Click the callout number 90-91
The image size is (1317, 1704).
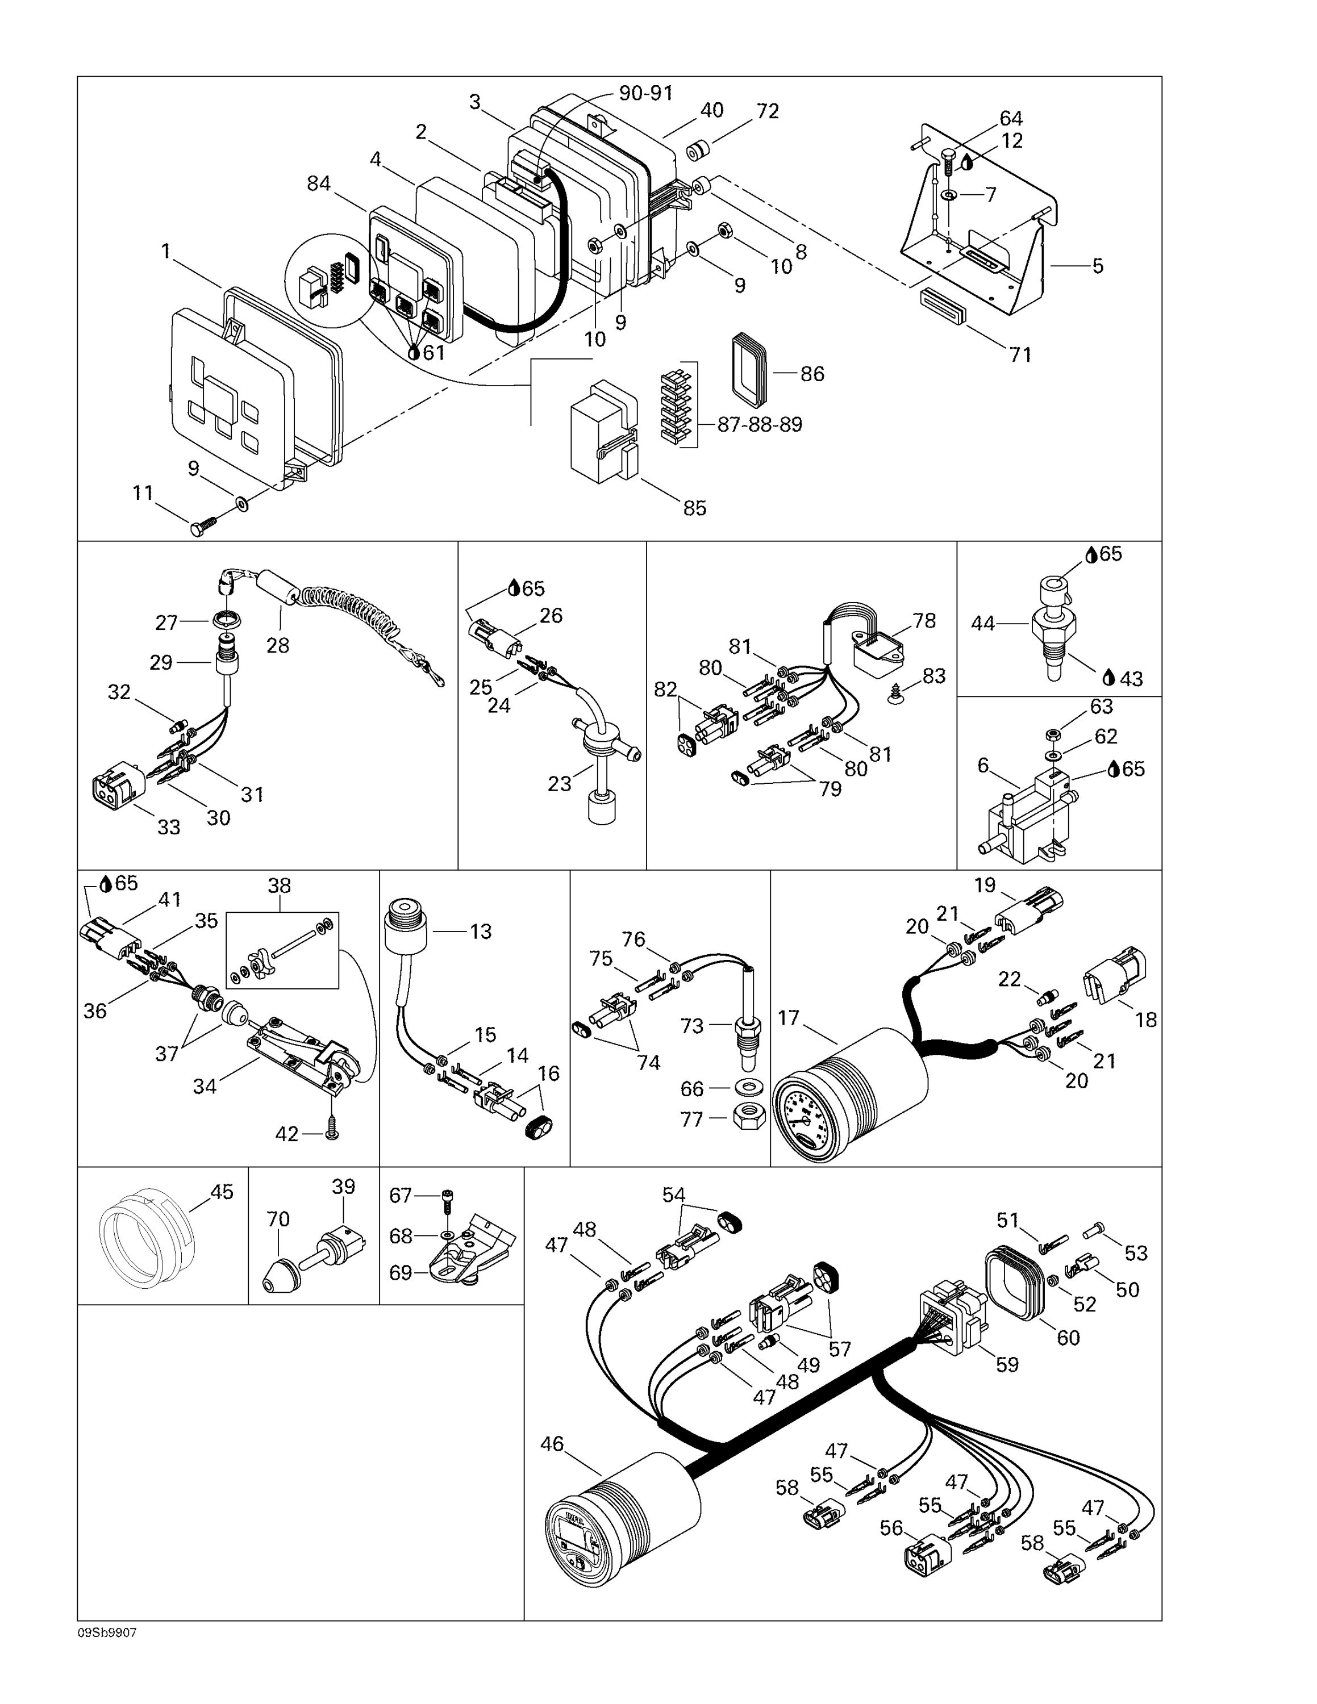point(645,93)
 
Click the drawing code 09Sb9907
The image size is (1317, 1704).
point(107,1633)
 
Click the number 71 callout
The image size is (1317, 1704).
point(1020,354)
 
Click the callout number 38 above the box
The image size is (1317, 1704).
point(280,886)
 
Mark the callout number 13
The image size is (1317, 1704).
point(481,931)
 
